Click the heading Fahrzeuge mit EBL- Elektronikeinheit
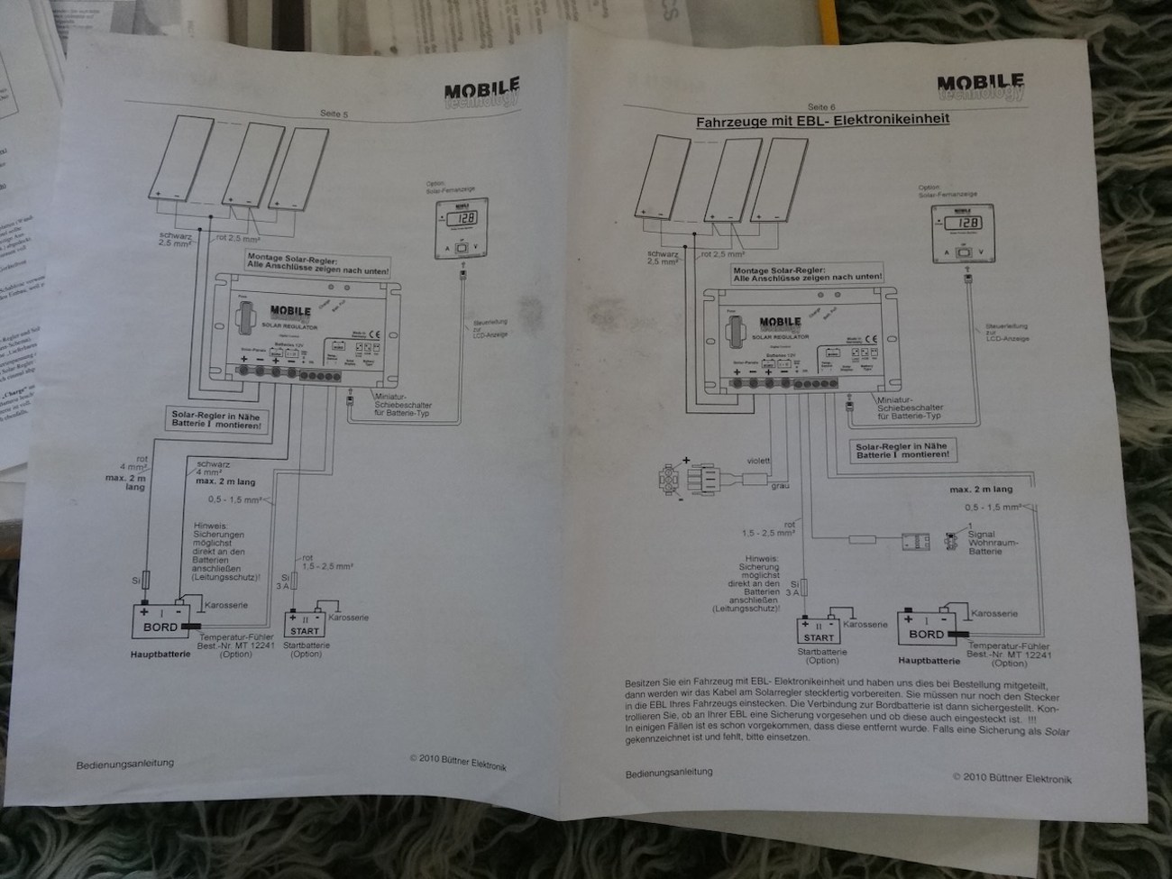point(822,119)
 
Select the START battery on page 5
point(306,624)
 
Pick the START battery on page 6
point(819,631)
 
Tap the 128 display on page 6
point(964,224)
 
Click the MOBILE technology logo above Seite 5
point(481,93)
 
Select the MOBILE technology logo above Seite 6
point(979,87)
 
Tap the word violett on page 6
point(758,461)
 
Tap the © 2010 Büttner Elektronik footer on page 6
point(1012,778)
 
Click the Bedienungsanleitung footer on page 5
point(124,763)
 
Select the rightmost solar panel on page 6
point(774,179)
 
